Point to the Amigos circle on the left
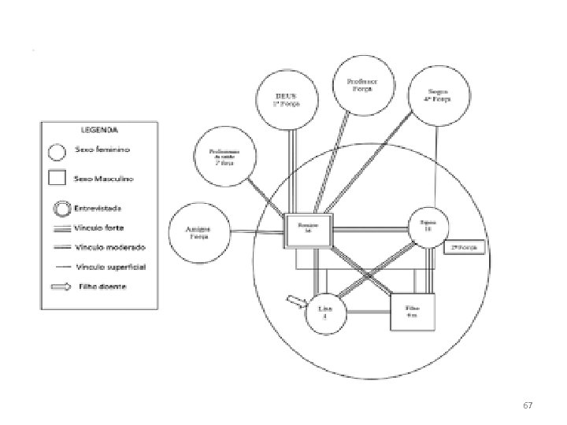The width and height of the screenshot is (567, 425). point(198,231)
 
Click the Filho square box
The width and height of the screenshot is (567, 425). point(411,310)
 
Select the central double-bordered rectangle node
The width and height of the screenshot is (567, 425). point(309,228)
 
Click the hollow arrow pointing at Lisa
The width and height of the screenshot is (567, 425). point(297,300)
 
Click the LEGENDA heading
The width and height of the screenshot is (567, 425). point(98,130)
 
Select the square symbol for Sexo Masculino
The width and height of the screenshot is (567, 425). point(57,178)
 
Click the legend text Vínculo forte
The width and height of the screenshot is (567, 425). point(101,229)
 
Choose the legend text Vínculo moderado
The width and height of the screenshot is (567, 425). point(106,247)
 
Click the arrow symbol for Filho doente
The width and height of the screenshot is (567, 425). point(60,286)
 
